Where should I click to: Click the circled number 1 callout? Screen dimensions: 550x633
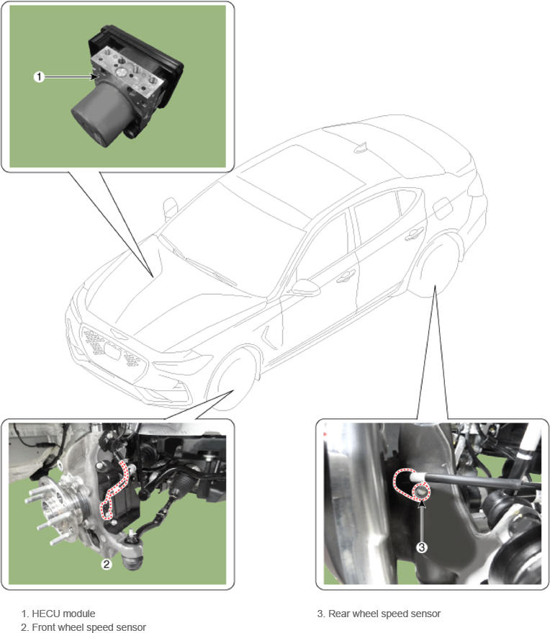(39, 76)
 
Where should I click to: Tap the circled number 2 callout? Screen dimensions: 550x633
(106, 564)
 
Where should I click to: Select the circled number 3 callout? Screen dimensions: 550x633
(421, 547)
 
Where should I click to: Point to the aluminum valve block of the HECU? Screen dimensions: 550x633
(128, 73)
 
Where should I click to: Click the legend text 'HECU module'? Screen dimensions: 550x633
(63, 614)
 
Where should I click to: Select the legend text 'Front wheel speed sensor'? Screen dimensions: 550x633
(89, 627)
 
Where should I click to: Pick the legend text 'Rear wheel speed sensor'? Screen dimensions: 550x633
(384, 614)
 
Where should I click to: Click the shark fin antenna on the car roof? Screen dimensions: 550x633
(361, 148)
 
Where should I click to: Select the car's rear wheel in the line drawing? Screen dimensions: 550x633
(435, 266)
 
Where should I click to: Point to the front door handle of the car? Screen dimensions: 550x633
(346, 276)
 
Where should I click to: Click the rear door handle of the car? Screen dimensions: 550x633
(414, 234)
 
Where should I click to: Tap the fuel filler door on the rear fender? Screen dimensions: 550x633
(443, 208)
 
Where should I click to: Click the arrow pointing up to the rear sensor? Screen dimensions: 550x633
(421, 520)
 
